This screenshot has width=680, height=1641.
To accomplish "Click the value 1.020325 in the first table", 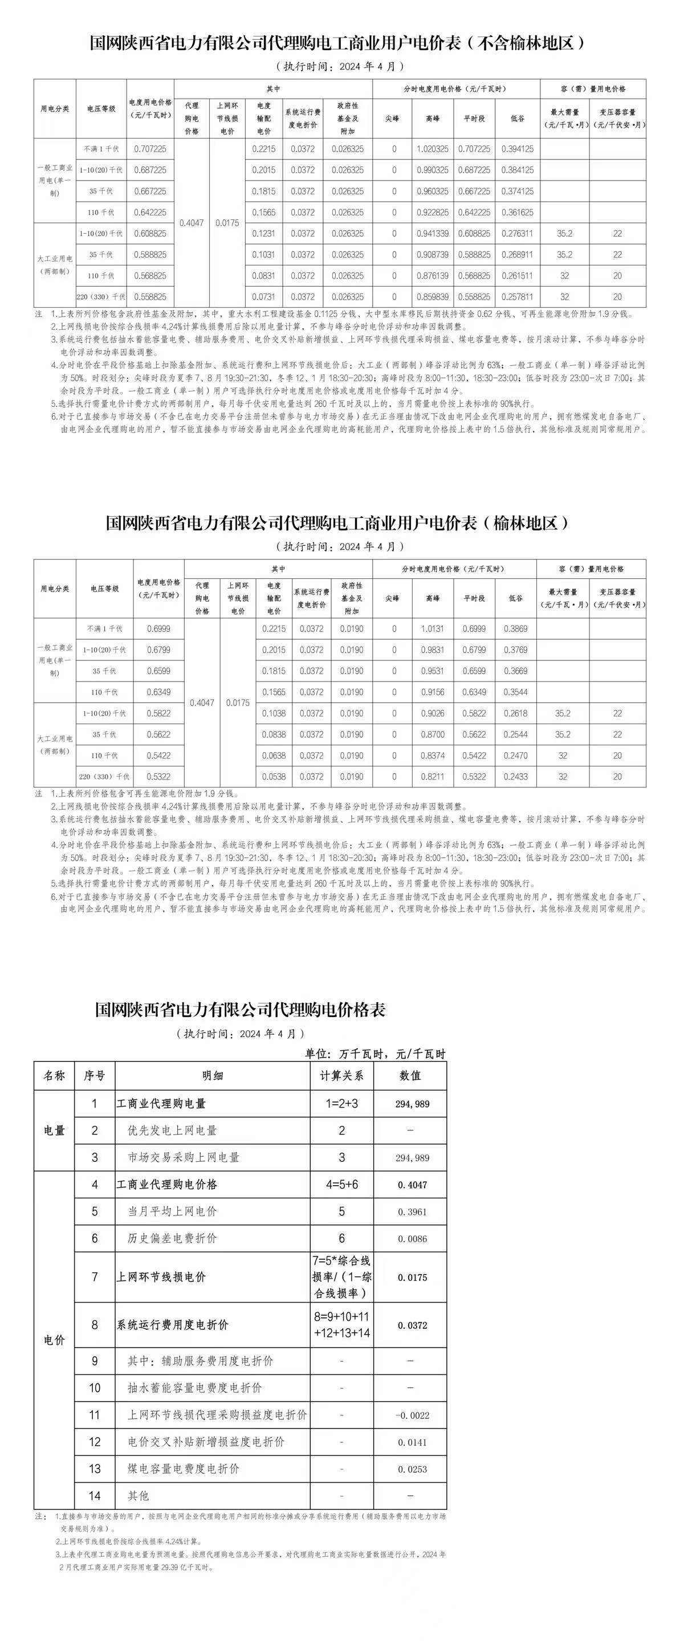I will [x=432, y=149].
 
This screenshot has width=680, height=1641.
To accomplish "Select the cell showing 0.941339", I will [x=432, y=234].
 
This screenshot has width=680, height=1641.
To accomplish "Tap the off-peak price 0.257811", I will [x=517, y=297].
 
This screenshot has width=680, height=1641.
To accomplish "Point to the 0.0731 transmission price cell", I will [x=264, y=297].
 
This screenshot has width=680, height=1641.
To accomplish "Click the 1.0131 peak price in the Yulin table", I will [x=432, y=628].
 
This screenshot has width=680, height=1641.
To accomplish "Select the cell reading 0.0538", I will [x=274, y=777].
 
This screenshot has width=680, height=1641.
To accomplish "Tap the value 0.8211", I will [x=432, y=777].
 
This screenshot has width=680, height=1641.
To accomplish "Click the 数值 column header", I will [x=410, y=1075].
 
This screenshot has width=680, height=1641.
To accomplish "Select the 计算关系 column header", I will [x=341, y=1075].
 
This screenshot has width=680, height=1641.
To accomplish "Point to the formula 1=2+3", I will [x=341, y=1103].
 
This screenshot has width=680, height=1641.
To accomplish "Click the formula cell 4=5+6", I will [x=341, y=1184].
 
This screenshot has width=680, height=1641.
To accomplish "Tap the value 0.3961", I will [x=412, y=1211].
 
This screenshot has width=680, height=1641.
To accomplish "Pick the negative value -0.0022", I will [x=412, y=1415].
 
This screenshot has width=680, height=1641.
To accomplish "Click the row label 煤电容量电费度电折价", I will [x=184, y=1469].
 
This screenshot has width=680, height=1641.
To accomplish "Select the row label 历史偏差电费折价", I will [x=172, y=1238].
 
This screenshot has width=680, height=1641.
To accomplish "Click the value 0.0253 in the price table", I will [x=412, y=1469].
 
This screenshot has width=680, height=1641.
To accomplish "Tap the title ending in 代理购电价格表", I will [x=241, y=1010].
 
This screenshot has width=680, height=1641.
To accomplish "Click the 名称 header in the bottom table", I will [x=54, y=1075].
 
